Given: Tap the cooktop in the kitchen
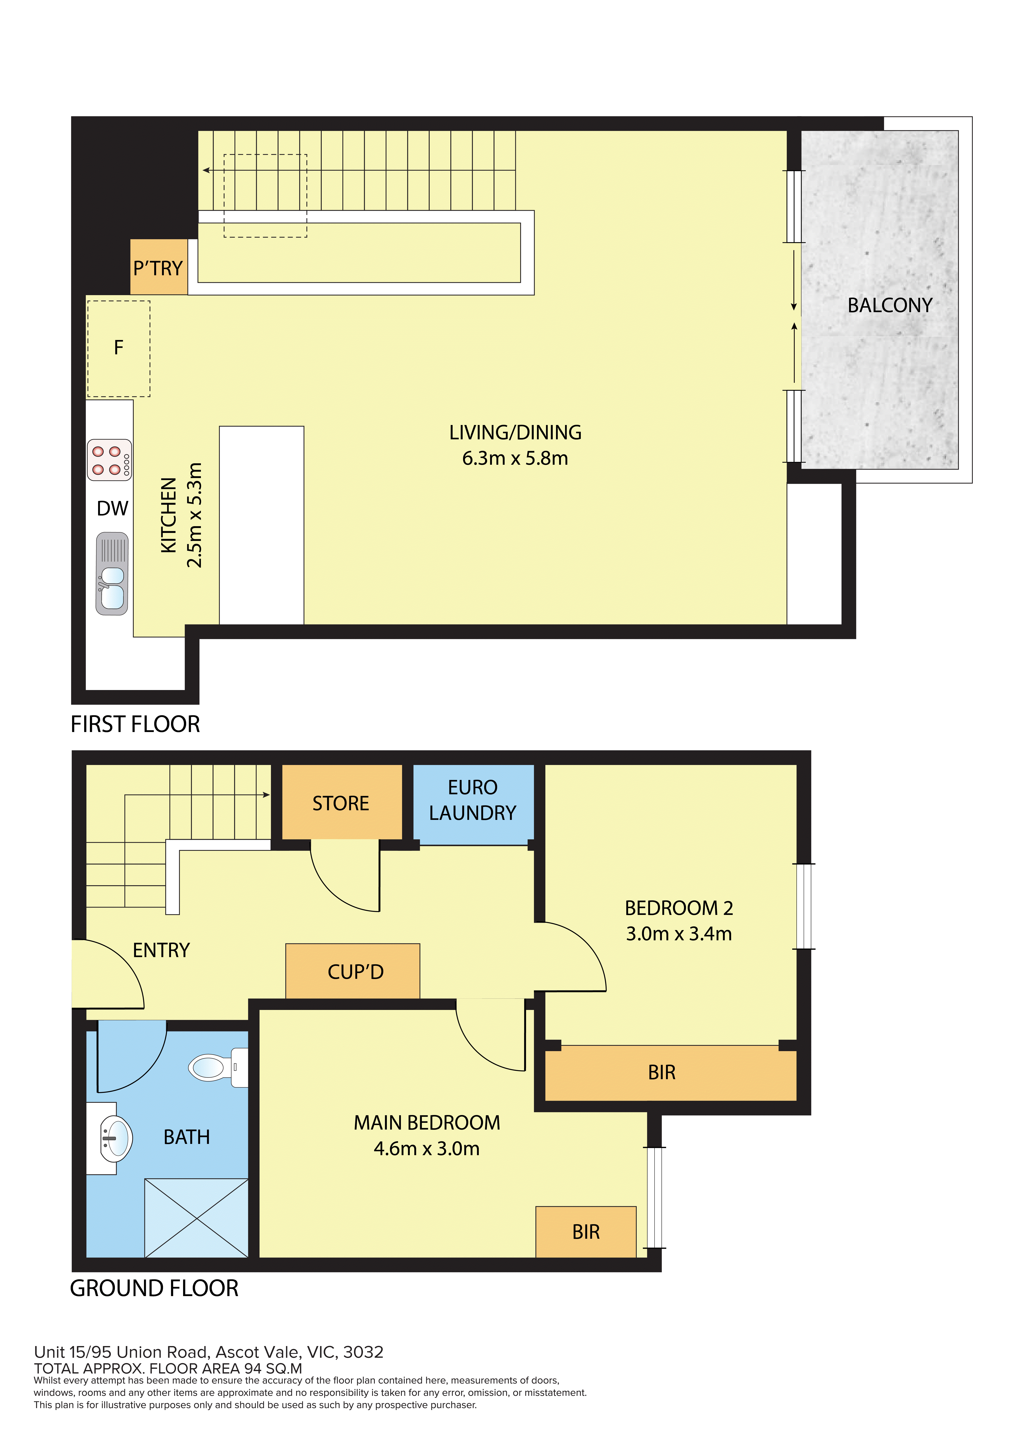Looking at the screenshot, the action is pos(110,460).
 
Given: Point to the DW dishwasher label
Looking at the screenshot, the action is pos(113,508).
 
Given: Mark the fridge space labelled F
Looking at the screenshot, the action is pos(118,349).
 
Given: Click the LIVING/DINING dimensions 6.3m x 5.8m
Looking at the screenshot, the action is pos(515,458).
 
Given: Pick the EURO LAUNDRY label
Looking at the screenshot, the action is pos(473,800).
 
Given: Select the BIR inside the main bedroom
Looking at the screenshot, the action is pos(586,1232).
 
